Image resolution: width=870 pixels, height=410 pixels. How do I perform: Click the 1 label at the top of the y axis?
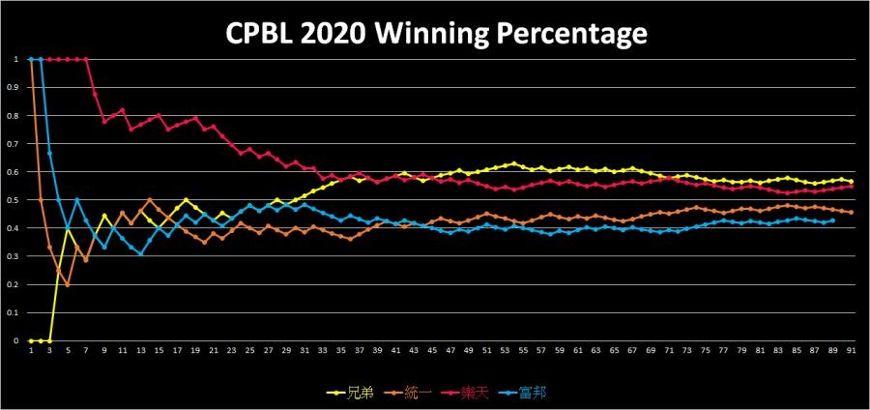tap(15, 59)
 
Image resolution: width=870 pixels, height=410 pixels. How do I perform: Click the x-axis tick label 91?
tap(851, 352)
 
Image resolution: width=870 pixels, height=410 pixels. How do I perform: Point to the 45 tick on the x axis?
tap(431, 352)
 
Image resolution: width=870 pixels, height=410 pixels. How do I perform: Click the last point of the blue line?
tap(832, 220)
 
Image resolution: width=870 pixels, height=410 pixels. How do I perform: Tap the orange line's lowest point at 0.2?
tap(68, 284)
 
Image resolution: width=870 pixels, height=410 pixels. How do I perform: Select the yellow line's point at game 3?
tap(49, 340)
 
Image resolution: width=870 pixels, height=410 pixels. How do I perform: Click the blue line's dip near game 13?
tap(141, 253)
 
